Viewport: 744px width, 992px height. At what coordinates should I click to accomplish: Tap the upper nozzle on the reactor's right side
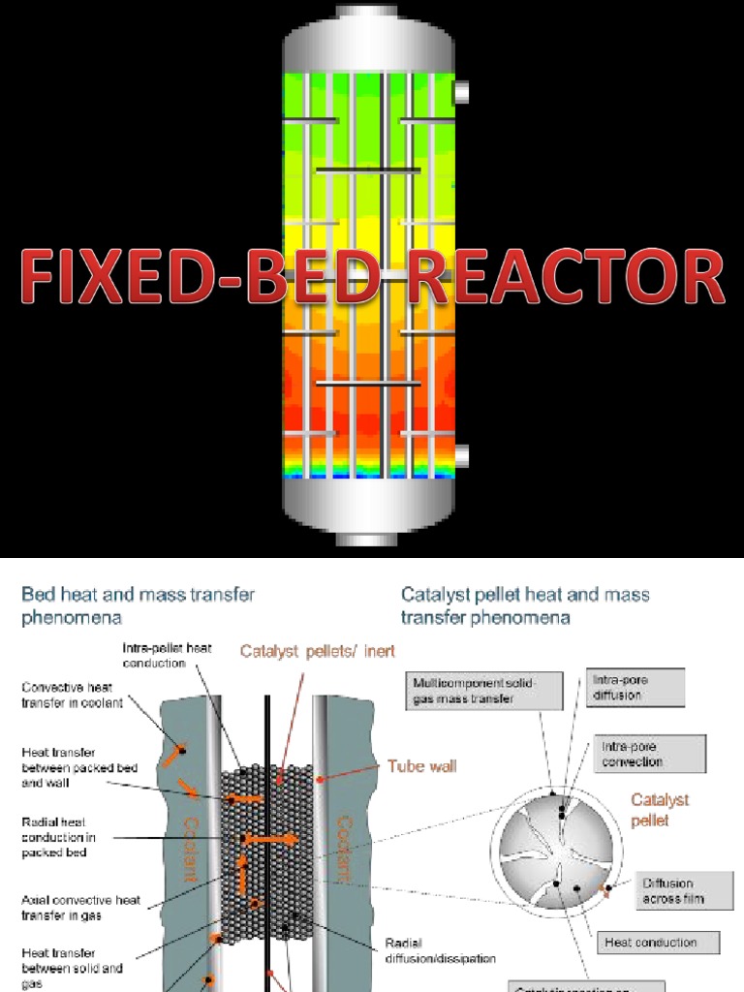(462, 92)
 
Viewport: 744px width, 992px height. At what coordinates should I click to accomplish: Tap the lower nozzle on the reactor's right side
(462, 455)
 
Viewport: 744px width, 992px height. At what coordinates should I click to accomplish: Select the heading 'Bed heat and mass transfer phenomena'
(138, 605)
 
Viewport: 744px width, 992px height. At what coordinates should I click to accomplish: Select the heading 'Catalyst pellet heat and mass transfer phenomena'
(525, 605)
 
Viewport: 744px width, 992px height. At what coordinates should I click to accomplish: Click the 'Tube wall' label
(421, 766)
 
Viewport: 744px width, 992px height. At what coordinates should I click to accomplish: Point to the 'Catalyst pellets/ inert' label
(318, 651)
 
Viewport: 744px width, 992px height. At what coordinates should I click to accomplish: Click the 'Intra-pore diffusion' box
(635, 688)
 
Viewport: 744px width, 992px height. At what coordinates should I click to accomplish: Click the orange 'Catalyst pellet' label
(660, 810)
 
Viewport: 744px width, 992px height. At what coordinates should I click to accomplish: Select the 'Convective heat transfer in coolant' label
(73, 695)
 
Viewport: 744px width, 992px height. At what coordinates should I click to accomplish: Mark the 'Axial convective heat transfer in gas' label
(80, 907)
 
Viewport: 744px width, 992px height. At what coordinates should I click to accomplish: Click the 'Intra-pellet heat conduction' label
(167, 655)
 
